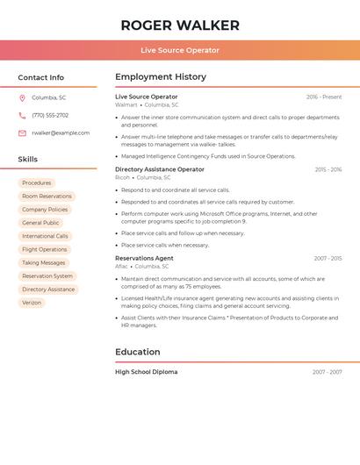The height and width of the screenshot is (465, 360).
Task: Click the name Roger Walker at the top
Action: point(180,25)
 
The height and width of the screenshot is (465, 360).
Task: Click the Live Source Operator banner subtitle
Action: point(180,50)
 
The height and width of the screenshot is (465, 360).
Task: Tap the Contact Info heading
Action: point(41,77)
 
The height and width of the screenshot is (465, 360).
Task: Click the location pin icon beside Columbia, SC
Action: point(22,97)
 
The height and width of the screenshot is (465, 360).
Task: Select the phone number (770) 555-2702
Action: point(50,115)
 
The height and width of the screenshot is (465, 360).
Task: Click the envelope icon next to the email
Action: point(22,133)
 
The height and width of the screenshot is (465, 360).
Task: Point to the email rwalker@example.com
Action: point(61,133)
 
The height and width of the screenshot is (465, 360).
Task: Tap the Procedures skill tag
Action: point(37,183)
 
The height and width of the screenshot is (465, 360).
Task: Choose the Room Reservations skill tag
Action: point(47,197)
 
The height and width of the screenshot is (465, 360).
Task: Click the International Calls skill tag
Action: point(45,236)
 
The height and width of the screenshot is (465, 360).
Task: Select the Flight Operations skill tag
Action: point(45,249)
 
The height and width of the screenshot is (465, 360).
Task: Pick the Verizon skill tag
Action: point(32,303)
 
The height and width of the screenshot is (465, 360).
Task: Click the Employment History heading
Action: point(161,77)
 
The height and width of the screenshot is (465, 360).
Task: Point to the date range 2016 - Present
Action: point(324,97)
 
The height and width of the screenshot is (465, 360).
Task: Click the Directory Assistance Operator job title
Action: point(160,169)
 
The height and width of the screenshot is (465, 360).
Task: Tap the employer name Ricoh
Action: point(122,177)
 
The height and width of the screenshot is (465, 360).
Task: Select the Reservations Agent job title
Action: point(144,259)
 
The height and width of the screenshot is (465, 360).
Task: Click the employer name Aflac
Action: point(121,267)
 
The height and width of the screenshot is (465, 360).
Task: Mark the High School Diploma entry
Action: point(146,372)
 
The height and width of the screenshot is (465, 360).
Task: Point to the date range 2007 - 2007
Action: point(327,372)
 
